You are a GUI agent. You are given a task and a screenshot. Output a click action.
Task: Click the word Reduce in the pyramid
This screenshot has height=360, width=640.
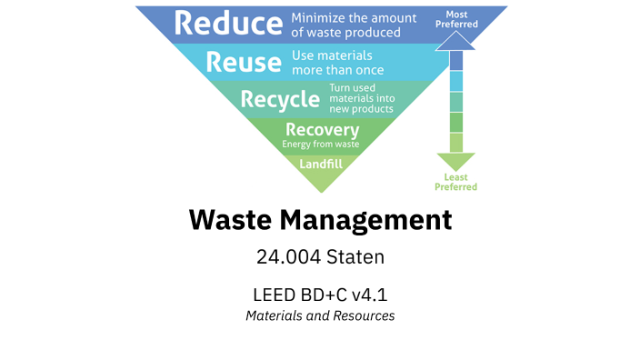pyautogui.click(x=227, y=24)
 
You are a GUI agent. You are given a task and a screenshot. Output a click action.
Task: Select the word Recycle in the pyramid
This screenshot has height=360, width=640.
pyautogui.click(x=280, y=98)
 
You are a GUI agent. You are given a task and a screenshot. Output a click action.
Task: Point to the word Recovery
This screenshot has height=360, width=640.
pyautogui.click(x=321, y=129)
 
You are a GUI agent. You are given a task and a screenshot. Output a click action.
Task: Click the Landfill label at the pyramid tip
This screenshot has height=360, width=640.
pyautogui.click(x=320, y=165)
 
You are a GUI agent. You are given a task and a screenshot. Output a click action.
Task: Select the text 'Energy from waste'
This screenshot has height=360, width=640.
pyautogui.click(x=321, y=144)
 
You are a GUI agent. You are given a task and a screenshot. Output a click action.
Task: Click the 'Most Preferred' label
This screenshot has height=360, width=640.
pyautogui.click(x=455, y=19)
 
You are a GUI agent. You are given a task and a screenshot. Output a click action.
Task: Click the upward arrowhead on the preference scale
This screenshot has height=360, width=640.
pyautogui.click(x=456, y=40)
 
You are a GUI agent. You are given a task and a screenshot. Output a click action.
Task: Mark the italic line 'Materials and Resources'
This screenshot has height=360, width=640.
pyautogui.click(x=320, y=316)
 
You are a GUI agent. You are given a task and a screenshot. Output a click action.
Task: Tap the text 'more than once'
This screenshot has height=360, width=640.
pyautogui.click(x=338, y=70)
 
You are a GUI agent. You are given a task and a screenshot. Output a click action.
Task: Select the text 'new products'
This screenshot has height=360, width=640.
pyautogui.click(x=361, y=108)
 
